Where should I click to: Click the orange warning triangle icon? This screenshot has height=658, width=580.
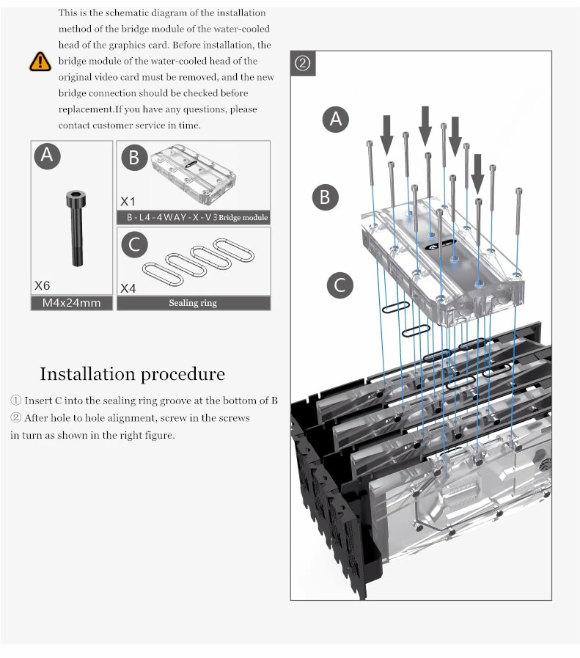tap(40, 62)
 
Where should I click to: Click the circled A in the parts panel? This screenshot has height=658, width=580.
tap(48, 156)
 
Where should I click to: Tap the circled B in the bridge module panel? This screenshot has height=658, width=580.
tap(133, 158)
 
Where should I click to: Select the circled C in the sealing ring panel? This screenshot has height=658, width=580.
tap(133, 244)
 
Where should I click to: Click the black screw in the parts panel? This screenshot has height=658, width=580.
tap(74, 227)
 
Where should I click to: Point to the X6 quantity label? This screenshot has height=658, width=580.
tap(43, 285)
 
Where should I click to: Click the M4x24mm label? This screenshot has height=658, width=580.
tap(72, 303)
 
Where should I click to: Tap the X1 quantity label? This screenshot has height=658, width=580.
tap(128, 201)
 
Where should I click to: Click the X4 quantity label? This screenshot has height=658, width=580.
tap(128, 288)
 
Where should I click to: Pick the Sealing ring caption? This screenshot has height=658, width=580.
tap(193, 303)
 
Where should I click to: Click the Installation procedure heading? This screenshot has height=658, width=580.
tap(132, 374)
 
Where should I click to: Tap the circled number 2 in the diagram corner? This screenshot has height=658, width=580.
tap(303, 63)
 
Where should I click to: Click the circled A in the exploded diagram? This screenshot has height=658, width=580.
tap(336, 119)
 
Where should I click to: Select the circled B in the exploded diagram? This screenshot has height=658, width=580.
tap(325, 197)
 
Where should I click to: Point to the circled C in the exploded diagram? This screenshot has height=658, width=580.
tap(339, 285)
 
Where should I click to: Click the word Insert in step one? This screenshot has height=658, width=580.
tap(38, 401)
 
